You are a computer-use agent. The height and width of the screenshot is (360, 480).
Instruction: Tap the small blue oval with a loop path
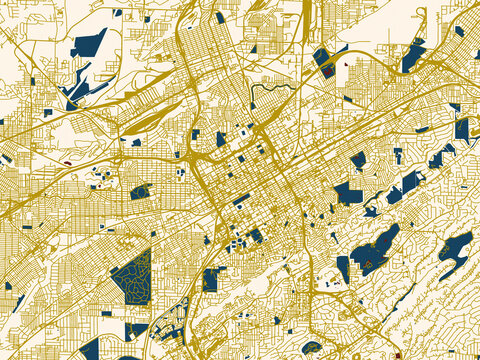coord(140,191)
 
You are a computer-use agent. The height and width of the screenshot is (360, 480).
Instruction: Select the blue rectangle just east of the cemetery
coord(210,279)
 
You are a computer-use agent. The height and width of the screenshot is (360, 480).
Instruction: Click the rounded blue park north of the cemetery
coord(140,191)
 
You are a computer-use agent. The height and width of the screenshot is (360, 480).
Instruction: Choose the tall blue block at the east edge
coord(461,127)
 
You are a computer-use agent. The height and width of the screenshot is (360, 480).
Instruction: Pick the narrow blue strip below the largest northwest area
coord(75,90)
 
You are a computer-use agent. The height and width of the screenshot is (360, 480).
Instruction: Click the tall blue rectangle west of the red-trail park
coord(343,269)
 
